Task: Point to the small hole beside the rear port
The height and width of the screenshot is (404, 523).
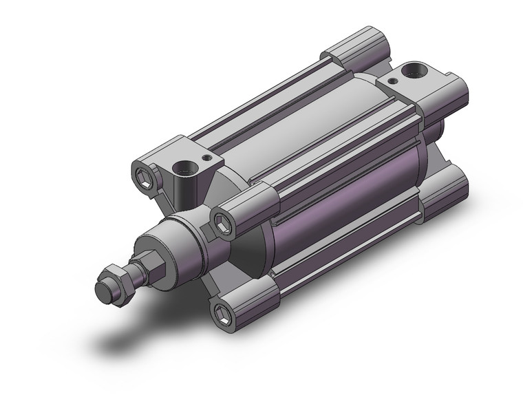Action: click(x=392, y=81)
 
